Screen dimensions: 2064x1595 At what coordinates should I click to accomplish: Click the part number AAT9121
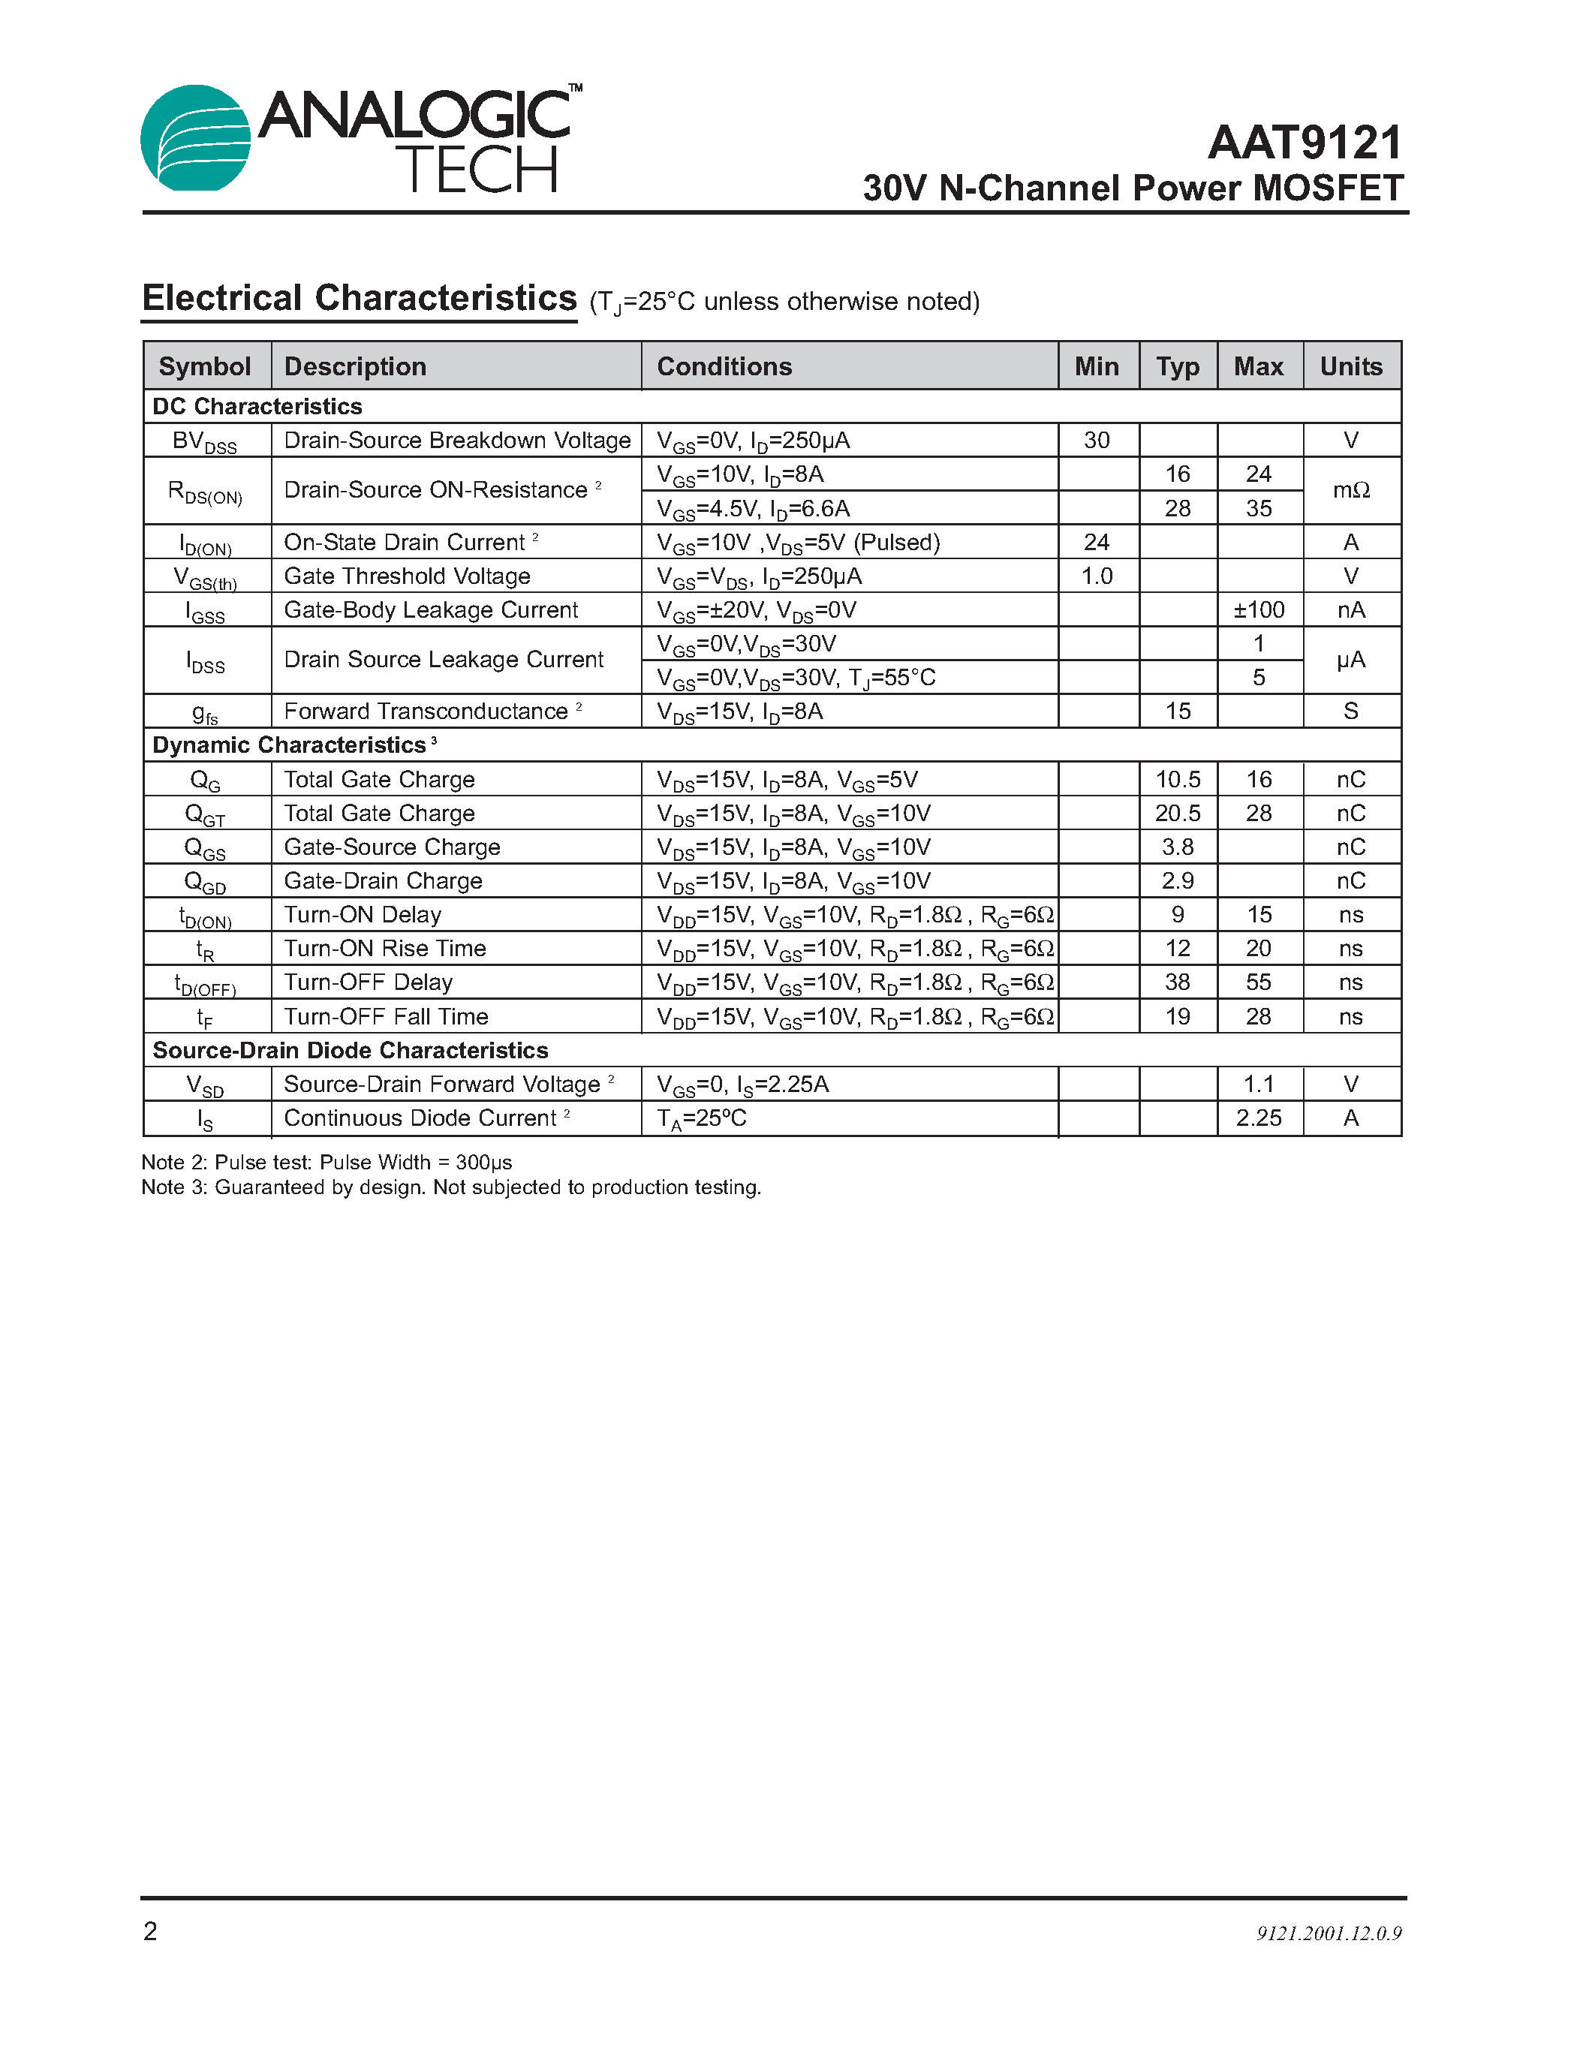tap(1305, 143)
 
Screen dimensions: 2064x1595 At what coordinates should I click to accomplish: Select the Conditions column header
tap(724, 367)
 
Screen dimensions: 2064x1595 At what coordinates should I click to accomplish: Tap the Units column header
tap(1350, 367)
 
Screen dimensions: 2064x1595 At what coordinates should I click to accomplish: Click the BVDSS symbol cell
tap(205, 441)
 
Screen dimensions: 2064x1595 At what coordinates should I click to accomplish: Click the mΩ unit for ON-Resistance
tap(1350, 491)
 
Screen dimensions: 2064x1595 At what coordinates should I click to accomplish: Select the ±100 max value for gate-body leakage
tap(1259, 610)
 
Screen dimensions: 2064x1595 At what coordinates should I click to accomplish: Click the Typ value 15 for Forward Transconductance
tap(1178, 712)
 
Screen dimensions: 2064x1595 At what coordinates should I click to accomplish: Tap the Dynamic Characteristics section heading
tap(289, 745)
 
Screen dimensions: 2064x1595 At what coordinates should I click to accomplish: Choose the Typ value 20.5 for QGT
tap(1178, 814)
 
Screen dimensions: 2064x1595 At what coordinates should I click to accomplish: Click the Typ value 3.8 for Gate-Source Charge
tap(1178, 847)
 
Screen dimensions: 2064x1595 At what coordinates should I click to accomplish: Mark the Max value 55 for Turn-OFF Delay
tap(1259, 983)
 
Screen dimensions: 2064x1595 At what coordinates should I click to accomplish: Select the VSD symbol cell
tap(205, 1086)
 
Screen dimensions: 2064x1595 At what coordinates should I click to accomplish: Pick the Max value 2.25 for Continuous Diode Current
tap(1259, 1119)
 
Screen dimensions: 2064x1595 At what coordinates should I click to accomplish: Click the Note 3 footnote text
tap(450, 1188)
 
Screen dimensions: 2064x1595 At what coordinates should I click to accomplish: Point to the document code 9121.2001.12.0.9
tap(1329, 1933)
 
